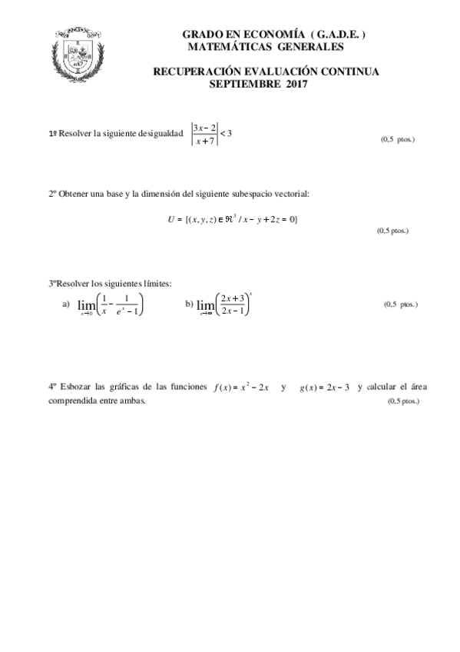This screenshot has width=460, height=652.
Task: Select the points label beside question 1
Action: tap(398, 140)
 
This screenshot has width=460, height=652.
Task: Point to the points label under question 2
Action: tap(392, 231)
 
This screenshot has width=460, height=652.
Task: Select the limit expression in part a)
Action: tap(111, 305)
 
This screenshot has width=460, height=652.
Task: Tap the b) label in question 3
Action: tap(189, 304)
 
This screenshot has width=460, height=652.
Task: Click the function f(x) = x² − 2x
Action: tap(241, 388)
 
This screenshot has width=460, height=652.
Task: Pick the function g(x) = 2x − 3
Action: tap(324, 388)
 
